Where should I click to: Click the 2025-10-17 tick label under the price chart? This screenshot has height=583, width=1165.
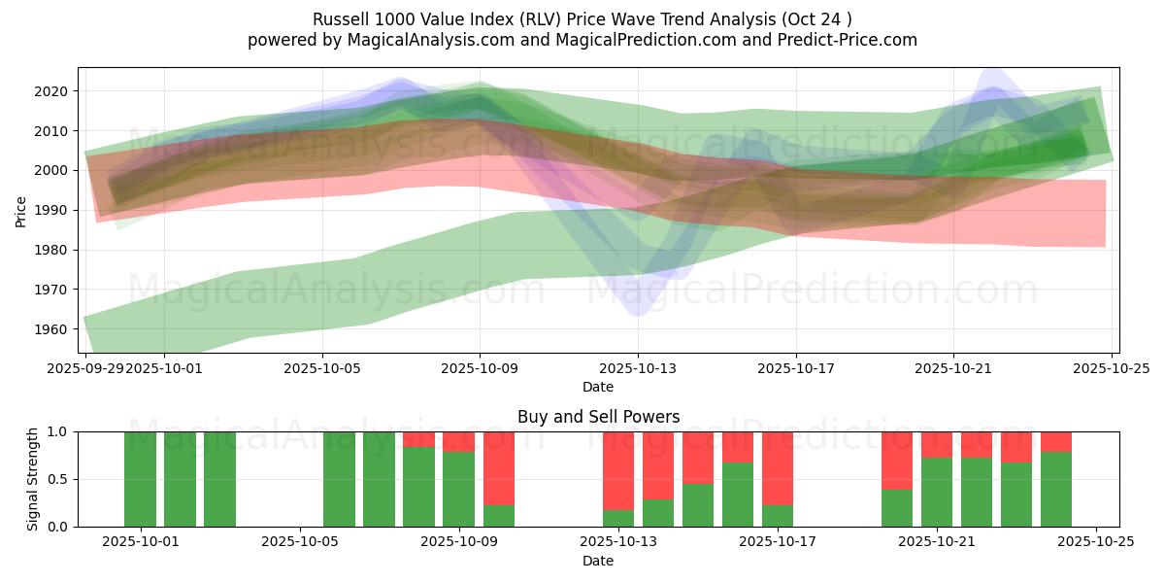tap(795, 368)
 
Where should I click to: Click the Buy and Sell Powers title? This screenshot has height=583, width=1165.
tap(598, 417)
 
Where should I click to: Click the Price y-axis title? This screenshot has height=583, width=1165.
tap(21, 211)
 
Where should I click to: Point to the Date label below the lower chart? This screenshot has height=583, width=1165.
tap(598, 561)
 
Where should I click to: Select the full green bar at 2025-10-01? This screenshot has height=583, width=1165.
tap(141, 479)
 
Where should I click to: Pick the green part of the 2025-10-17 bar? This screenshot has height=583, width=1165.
tap(778, 516)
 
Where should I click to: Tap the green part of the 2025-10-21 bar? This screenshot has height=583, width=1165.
tap(937, 492)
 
